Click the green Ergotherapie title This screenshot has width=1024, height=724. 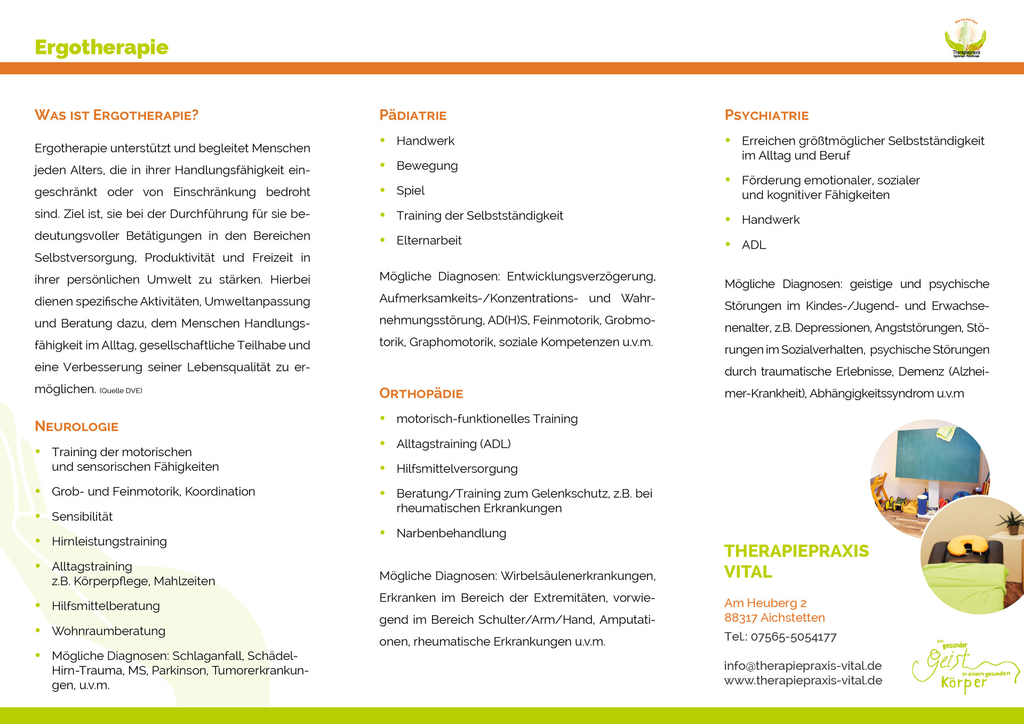tap(101, 47)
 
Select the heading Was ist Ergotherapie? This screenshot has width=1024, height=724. tap(116, 115)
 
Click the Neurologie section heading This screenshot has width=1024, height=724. tap(76, 426)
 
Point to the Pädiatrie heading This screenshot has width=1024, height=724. tap(413, 115)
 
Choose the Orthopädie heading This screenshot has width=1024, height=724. tap(421, 394)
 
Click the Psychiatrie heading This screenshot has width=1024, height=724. tap(766, 115)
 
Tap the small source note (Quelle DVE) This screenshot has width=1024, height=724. tap(121, 391)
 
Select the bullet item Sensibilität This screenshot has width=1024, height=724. tap(82, 516)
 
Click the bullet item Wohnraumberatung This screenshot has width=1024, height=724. tap(108, 631)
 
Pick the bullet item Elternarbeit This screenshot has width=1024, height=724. tap(429, 241)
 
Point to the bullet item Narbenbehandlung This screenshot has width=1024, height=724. tap(451, 533)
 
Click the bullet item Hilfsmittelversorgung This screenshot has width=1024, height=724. tap(457, 468)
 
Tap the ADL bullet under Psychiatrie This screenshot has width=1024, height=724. tap(754, 245)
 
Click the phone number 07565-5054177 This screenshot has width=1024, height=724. tap(793, 637)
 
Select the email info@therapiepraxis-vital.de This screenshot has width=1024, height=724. tap(803, 666)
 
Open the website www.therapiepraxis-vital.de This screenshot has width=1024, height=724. tap(803, 680)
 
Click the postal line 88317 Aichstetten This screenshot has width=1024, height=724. tap(774, 618)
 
